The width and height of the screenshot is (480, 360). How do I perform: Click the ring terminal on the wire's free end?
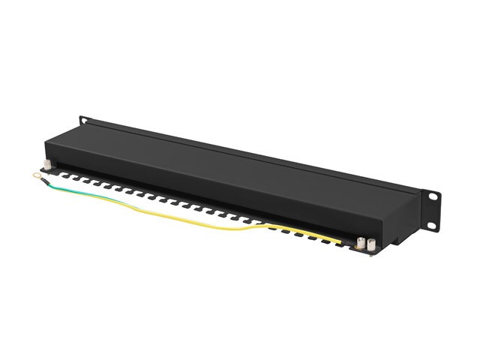tap(35, 178)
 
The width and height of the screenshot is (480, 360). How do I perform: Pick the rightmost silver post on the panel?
tap(370, 245)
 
